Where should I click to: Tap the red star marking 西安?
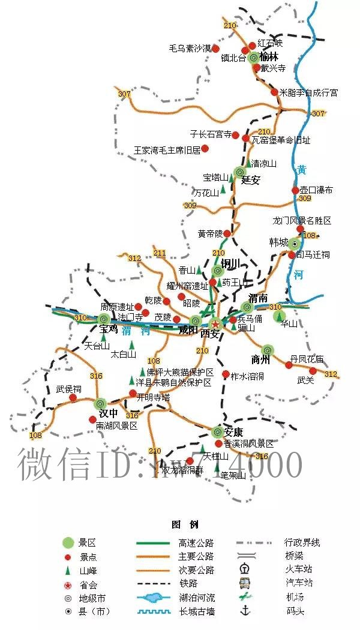(x=214, y=324)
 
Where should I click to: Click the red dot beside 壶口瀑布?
(x=295, y=190)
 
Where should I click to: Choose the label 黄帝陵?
(x=210, y=233)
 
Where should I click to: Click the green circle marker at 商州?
(x=268, y=350)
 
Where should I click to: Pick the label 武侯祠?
(x=68, y=389)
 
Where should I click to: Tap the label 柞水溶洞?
(x=247, y=376)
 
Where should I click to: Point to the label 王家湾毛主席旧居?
(x=167, y=149)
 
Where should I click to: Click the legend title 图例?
(x=180, y=524)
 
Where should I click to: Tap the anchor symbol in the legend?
(x=245, y=611)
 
